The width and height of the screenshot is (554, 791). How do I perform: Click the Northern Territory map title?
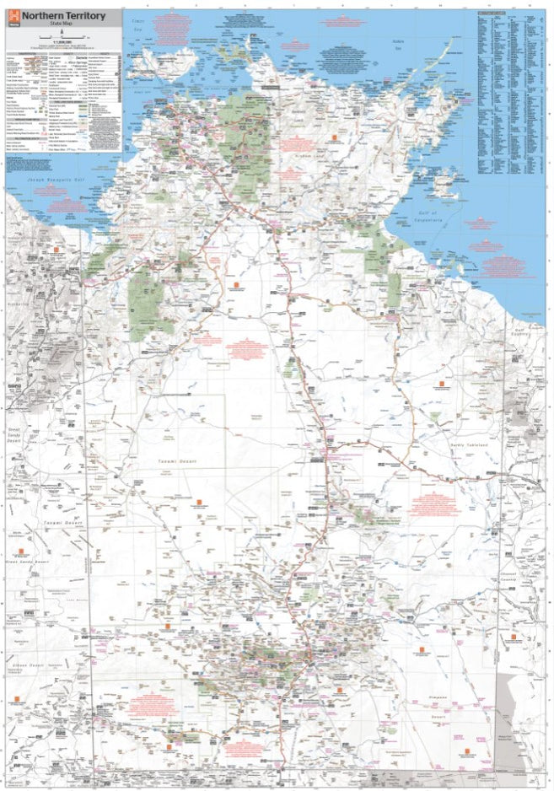(x=64, y=16)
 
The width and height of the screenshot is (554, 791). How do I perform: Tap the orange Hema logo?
(x=13, y=18)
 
